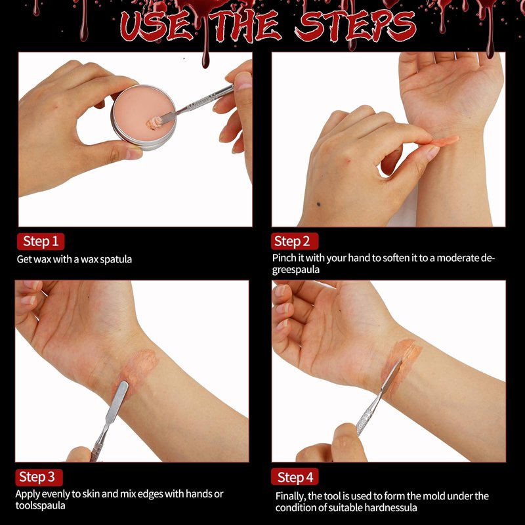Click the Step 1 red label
[41, 241]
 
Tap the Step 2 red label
[294, 241]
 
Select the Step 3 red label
[39, 477]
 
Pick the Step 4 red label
[294, 477]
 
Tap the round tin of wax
[143, 117]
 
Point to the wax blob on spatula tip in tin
[154, 123]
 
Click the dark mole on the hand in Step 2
[318, 204]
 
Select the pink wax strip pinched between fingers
[444, 141]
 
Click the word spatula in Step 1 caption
[116, 259]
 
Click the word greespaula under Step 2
[296, 270]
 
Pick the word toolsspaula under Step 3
[40, 505]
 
